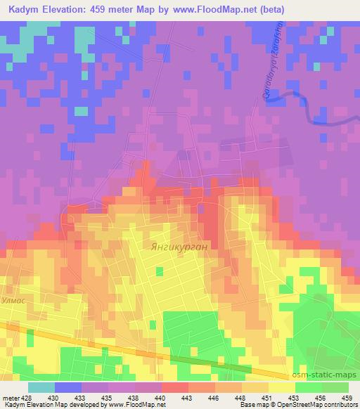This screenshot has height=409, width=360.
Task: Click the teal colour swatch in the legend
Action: (x=41, y=387)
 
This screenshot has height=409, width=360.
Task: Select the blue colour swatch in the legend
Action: (x=68, y=387)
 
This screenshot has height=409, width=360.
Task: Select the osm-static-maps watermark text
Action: (x=330, y=373)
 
